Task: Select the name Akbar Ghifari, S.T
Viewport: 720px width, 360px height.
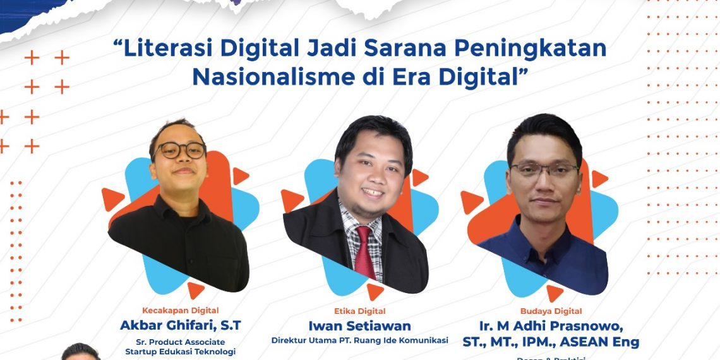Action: coord(180,326)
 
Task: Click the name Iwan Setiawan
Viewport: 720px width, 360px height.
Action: coord(359,326)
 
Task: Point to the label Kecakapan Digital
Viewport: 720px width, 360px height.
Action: coord(180,310)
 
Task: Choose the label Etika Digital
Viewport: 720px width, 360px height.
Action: coord(359,311)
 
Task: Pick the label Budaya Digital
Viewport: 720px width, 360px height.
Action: coord(551,311)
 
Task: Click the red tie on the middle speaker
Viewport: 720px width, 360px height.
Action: coord(365,253)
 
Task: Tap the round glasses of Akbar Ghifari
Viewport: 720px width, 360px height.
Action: coord(180,150)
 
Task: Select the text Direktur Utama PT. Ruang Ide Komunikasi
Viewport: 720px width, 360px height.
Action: coord(359,340)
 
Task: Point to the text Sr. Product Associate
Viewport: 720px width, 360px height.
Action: coord(180,342)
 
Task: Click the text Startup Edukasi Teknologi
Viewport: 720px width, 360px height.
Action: coord(180,351)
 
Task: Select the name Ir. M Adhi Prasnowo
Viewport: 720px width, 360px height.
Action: coord(551,327)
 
